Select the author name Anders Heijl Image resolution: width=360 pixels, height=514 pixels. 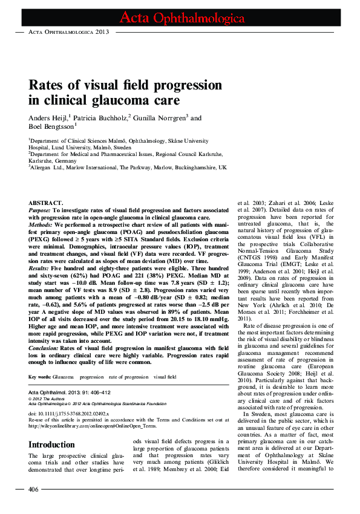click(50, 118)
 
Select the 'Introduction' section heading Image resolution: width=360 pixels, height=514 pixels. click(52, 445)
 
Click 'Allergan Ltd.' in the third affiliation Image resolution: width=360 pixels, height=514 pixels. click(46, 167)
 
